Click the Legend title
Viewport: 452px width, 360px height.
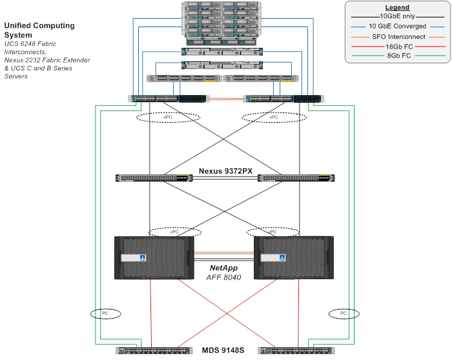[397, 8]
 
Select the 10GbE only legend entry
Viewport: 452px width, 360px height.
[397, 16]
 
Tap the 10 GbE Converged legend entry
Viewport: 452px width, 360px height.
[398, 26]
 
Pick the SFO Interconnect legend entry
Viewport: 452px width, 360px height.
[398, 37]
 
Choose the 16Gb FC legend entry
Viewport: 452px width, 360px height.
[399, 47]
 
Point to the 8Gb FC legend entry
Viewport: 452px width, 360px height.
[399, 56]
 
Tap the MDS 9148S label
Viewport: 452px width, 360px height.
[223, 350]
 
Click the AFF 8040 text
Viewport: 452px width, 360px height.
[223, 277]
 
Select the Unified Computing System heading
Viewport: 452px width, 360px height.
[39, 30]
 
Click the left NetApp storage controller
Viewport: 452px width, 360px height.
[154, 258]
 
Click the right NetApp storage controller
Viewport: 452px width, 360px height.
[294, 258]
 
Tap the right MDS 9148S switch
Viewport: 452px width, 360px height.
[296, 350]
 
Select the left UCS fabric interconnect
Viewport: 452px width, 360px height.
[169, 99]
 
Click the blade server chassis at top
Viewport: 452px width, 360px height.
[221, 24]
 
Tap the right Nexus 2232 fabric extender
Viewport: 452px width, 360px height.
[261, 78]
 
